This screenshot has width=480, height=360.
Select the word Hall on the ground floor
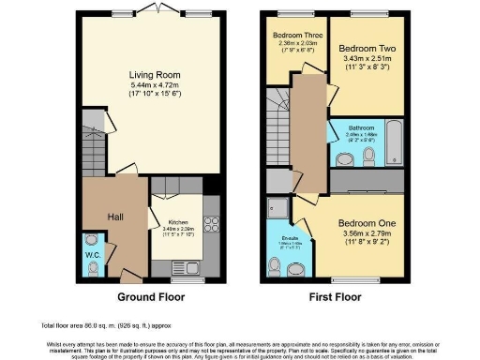click(x=116, y=217)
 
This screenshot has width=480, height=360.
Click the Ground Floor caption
click(x=150, y=297)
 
